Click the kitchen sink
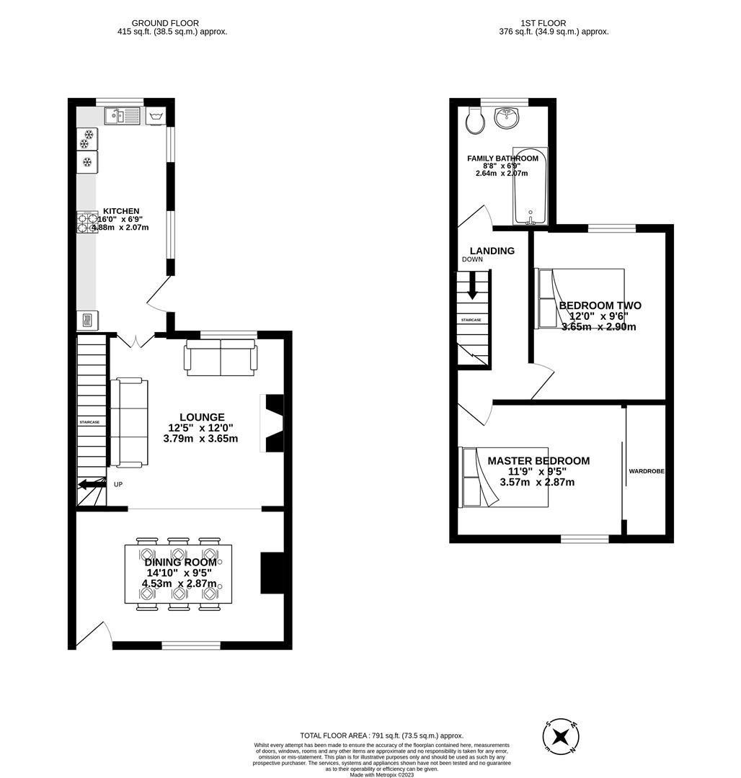[122, 115]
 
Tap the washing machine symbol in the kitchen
[156, 116]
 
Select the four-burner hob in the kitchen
[87, 223]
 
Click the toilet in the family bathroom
[475, 122]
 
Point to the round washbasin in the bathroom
[508, 117]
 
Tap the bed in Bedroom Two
[580, 299]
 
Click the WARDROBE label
[646, 471]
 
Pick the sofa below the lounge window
[221, 357]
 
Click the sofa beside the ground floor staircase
[129, 421]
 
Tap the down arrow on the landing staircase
[472, 287]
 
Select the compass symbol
[560, 737]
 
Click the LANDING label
[492, 251]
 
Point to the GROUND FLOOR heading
[165, 23]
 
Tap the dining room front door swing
[94, 634]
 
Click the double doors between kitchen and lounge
[136, 339]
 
